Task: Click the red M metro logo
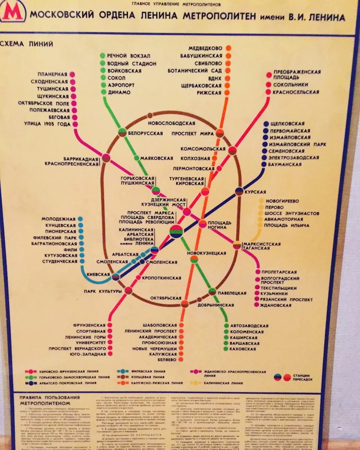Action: [x=12, y=12]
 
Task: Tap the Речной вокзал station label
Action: [x=129, y=56]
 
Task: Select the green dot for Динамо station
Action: [x=103, y=92]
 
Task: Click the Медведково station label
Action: [x=206, y=48]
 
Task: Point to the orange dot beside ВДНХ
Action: [x=228, y=78]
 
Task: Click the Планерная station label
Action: [x=52, y=74]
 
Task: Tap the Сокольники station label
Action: [x=290, y=85]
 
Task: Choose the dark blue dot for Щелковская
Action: [x=266, y=124]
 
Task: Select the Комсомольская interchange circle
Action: [x=232, y=150]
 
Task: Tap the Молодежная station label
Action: [x=58, y=219]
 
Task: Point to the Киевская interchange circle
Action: [x=115, y=276]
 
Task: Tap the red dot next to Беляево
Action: [x=181, y=360]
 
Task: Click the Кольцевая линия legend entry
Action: [x=147, y=376]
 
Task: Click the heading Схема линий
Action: [x=27, y=44]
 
